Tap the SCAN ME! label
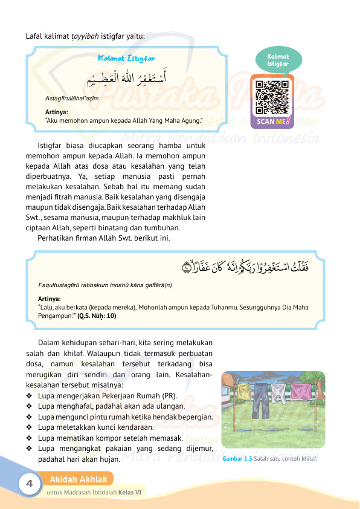coord(272,121)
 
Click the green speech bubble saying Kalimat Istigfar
coord(278,60)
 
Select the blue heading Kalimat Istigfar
coord(126,59)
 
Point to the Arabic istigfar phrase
coord(126,78)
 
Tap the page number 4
coord(28,484)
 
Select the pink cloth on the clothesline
coord(298,392)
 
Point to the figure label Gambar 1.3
coord(237,458)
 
